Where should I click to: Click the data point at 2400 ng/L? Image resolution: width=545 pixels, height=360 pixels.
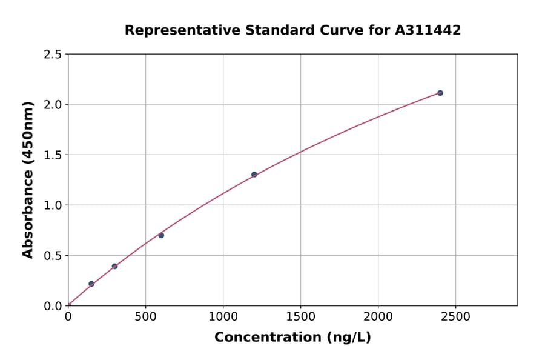point(440,93)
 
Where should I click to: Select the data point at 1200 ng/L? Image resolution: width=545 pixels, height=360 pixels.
point(254,175)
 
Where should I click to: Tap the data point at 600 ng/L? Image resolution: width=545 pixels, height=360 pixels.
point(161,235)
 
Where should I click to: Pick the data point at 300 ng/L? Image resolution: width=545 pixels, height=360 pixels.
point(114,266)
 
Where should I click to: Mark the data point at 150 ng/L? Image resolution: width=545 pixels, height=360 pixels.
point(91,284)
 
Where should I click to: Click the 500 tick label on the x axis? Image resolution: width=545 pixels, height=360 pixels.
point(145,317)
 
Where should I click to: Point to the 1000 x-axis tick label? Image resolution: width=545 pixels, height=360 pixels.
point(223,317)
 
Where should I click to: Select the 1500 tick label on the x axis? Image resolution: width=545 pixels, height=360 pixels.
point(300,317)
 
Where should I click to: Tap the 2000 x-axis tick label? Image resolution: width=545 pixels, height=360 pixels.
point(378,317)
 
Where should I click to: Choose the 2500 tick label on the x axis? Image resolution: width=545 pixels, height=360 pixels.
point(455,317)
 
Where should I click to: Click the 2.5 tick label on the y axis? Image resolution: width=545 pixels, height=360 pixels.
point(53,55)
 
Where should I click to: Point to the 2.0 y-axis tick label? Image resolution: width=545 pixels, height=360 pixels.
point(53,105)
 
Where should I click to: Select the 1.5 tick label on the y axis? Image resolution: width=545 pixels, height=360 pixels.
point(53,155)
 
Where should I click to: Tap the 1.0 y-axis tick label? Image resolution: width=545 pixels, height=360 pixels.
point(53,205)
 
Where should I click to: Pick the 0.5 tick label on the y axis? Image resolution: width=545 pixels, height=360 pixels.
point(53,256)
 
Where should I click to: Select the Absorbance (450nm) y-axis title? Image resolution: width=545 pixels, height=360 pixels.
point(28,179)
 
